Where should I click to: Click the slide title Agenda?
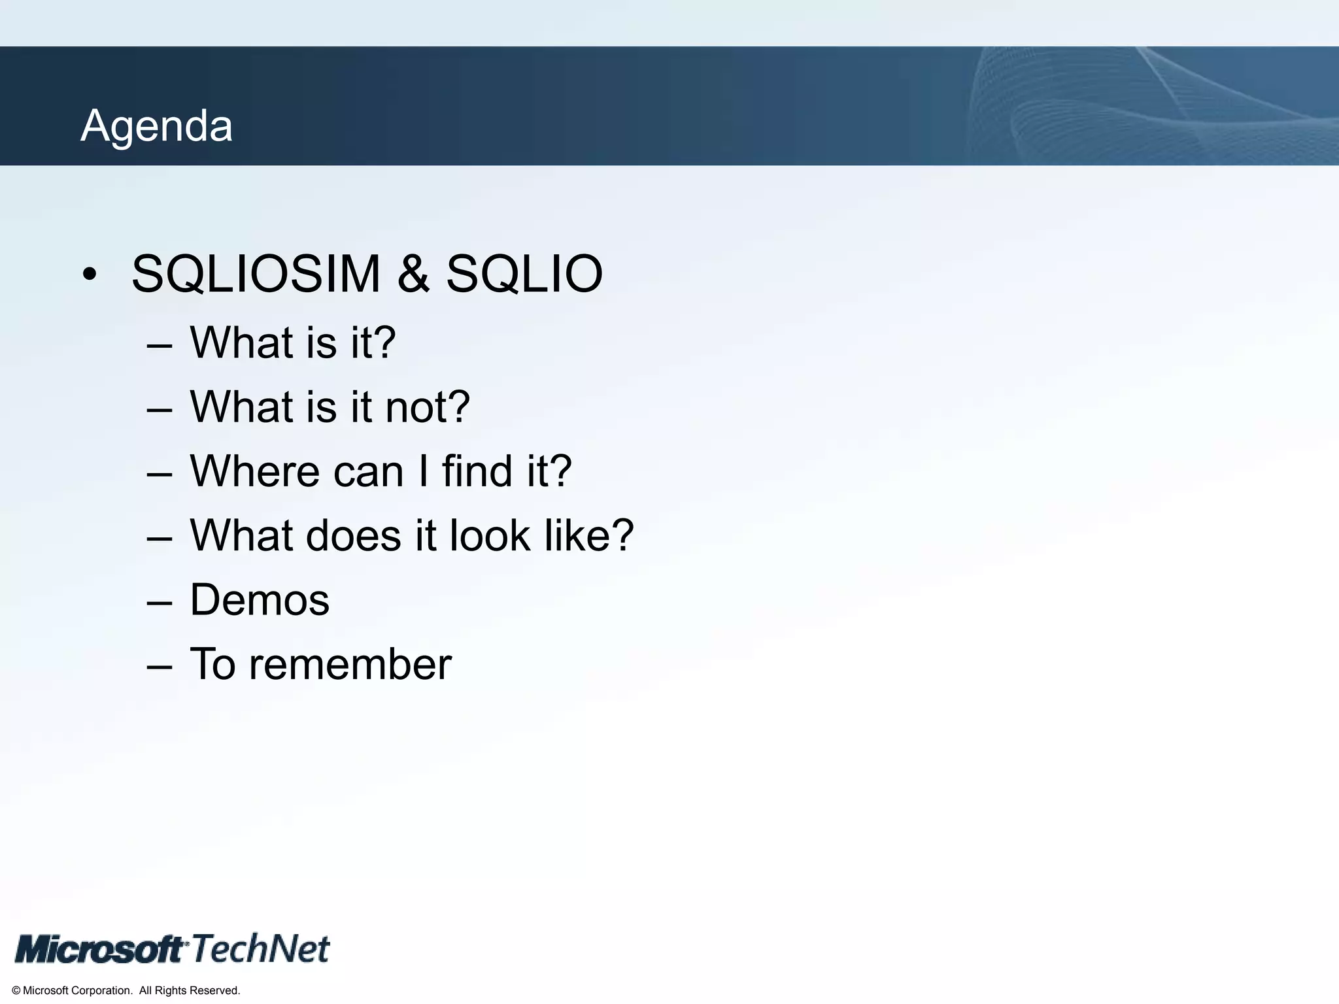coord(156,125)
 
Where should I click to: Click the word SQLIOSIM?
coord(256,274)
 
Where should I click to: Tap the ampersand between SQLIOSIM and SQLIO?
coord(413,274)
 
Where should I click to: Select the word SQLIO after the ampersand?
coord(524,274)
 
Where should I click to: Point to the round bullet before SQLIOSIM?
coord(90,275)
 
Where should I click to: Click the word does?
coord(353,536)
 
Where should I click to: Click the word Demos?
coord(260,600)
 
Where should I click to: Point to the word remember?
coord(350,665)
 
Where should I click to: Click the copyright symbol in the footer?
coord(16,991)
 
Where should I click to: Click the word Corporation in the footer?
coord(101,991)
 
